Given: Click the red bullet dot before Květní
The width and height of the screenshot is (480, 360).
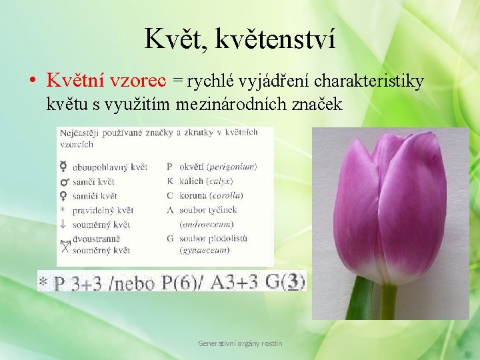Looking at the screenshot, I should tap(33, 81).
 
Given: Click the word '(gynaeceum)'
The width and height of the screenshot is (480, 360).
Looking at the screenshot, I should tap(205, 250).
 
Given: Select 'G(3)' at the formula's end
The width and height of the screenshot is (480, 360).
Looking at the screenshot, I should tap(286, 282).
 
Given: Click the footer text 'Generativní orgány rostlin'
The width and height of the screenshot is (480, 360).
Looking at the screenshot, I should tap(240, 343).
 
